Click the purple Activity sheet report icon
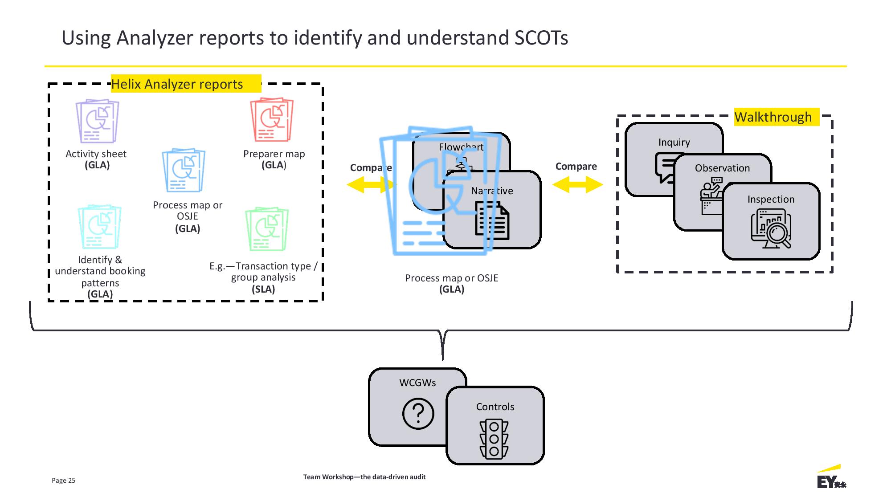(x=97, y=121)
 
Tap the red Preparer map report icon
(x=272, y=119)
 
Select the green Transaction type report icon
(x=267, y=229)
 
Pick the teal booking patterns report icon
(x=99, y=227)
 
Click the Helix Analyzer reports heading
(x=177, y=84)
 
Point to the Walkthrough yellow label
(x=773, y=117)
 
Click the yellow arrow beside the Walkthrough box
(x=577, y=184)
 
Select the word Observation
(x=722, y=168)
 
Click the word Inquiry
(x=674, y=143)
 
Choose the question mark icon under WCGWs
(x=418, y=414)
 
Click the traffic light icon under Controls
(x=494, y=439)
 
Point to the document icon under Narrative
(x=492, y=220)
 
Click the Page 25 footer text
(x=63, y=481)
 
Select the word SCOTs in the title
(x=541, y=38)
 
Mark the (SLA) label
(x=263, y=289)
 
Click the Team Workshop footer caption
(x=364, y=477)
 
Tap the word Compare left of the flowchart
(x=371, y=168)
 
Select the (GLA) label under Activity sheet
(x=97, y=165)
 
